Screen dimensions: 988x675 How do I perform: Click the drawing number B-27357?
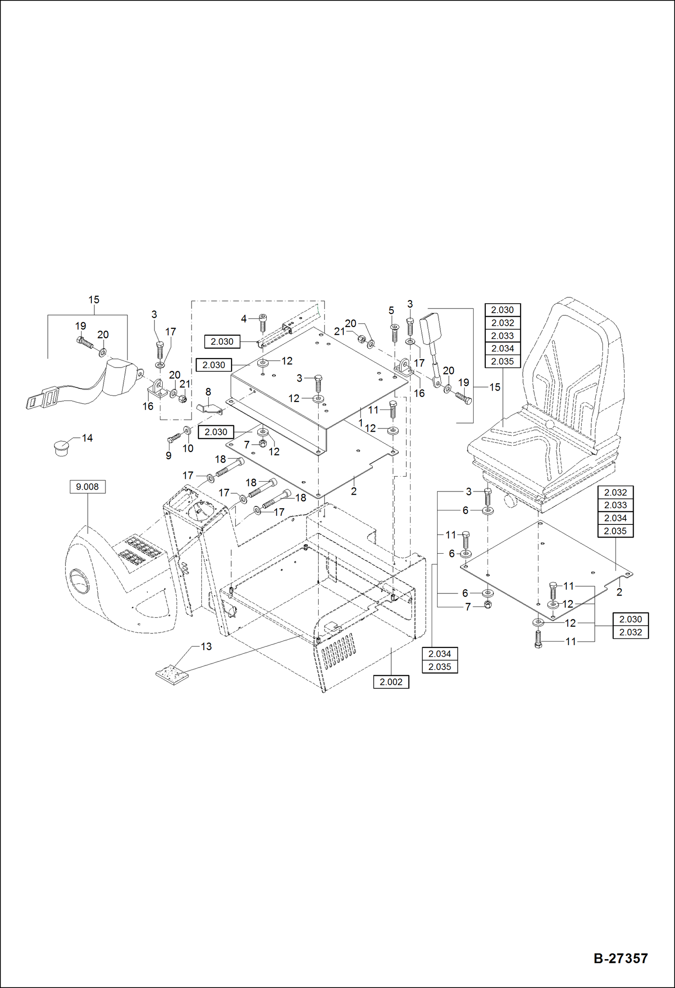tap(620, 958)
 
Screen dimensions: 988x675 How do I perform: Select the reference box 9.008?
tap(87, 487)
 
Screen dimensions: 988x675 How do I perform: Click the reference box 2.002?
tap(391, 682)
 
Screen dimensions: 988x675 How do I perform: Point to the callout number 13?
tap(206, 647)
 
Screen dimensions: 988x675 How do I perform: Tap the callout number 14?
tap(87, 438)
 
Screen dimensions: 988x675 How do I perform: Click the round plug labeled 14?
tap(61, 447)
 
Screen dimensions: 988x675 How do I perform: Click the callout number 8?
tap(208, 392)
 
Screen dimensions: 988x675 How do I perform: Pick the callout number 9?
tap(169, 455)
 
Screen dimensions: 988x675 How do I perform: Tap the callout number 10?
tap(188, 448)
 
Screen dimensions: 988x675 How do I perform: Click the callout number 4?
tap(244, 319)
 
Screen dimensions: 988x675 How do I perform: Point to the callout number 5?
tap(391, 310)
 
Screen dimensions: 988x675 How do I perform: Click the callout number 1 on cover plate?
tap(360, 423)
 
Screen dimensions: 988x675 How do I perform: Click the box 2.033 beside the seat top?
tap(502, 336)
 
